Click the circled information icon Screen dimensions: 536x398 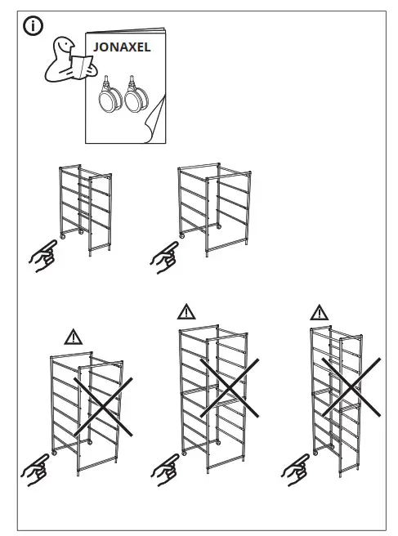point(33,27)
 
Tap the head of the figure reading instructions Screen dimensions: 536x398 point(61,47)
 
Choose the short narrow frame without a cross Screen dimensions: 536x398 point(84,208)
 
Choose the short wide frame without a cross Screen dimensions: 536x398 point(212,208)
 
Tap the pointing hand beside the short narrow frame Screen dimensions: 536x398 point(42,257)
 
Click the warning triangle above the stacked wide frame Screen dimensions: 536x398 point(187,311)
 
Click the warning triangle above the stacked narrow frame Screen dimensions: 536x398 point(319,312)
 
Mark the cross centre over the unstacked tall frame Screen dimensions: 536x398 point(104,406)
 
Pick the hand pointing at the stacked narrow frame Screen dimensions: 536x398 point(295,468)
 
